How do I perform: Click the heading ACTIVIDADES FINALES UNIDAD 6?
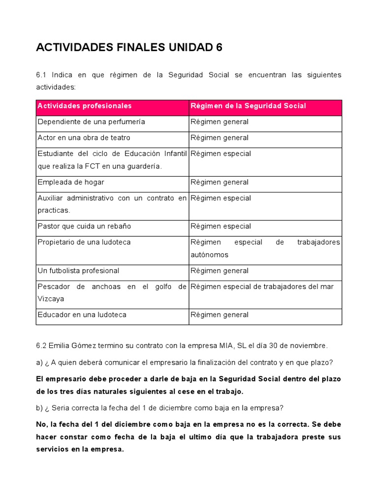pos(129,47)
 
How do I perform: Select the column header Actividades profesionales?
pos(85,106)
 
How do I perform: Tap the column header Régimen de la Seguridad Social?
pos(248,106)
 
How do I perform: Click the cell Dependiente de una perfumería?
pos(91,122)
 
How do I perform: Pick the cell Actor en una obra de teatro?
pos(84,138)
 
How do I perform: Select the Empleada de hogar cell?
pos(71,182)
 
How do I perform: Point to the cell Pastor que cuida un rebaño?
pos(84,226)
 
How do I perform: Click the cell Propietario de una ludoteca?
pos(84,242)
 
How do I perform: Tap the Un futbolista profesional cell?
pos(78,271)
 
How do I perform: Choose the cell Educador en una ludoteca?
pos(82,315)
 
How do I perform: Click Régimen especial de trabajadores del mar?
pos(262,286)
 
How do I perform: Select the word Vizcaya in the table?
pos(51,299)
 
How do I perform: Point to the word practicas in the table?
pos(54,210)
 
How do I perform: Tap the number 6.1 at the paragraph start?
pos(41,75)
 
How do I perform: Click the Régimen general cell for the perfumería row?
pos(220,122)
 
